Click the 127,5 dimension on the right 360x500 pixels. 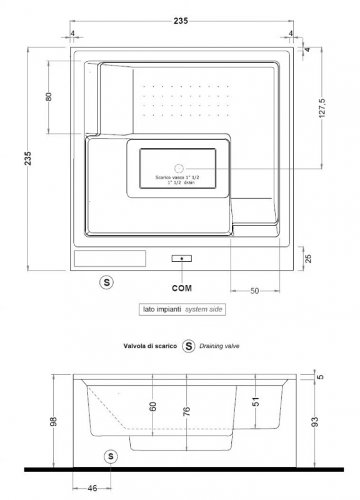click(322, 107)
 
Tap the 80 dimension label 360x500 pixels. click(49, 97)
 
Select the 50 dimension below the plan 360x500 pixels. click(254, 291)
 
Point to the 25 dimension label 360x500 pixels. click(308, 258)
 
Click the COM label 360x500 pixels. click(182, 288)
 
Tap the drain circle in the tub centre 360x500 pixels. click(179, 168)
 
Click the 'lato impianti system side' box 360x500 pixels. click(182, 309)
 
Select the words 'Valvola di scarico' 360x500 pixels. click(150, 346)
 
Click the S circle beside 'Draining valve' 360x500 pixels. click(189, 346)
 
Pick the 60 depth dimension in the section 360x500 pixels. click(152, 407)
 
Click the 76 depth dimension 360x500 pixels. click(187, 411)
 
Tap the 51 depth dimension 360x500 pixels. click(256, 402)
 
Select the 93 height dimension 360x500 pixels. click(315, 421)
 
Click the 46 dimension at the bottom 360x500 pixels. click(92, 488)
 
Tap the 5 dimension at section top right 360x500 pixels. click(321, 377)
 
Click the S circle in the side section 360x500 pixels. click(111, 456)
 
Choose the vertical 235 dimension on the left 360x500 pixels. click(28, 158)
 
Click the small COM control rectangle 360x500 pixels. click(182, 258)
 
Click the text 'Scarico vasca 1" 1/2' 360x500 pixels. click(177, 177)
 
